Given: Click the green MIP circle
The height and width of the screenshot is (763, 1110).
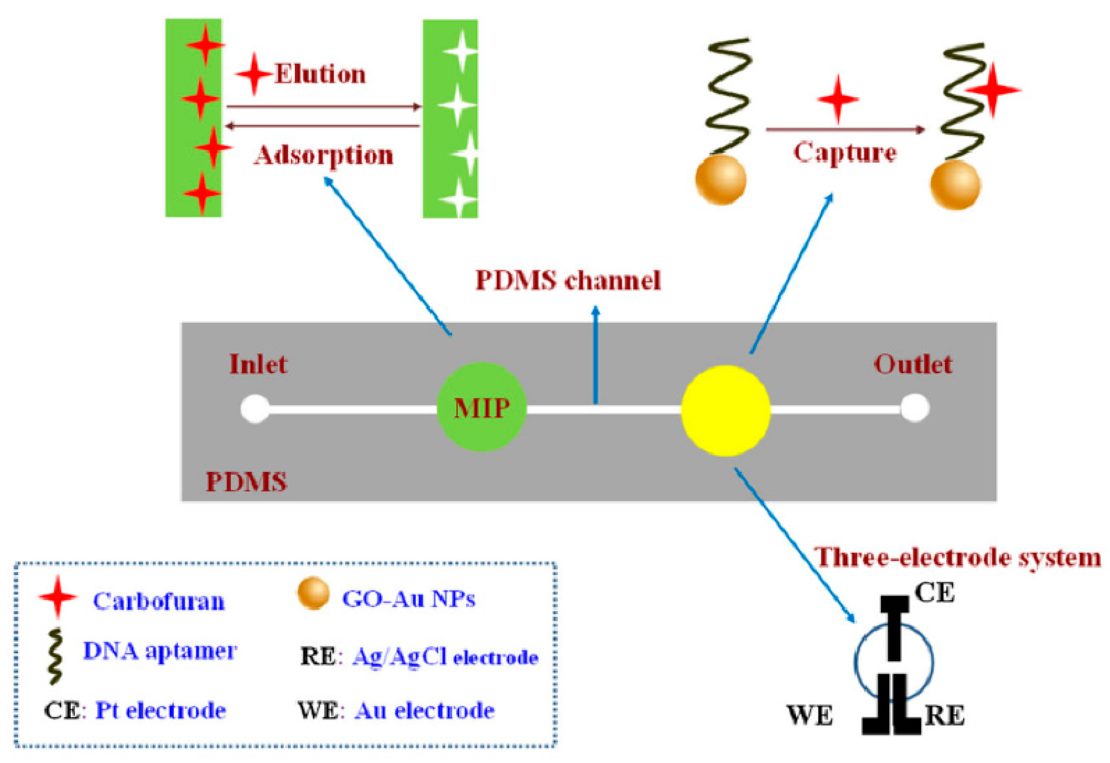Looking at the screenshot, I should click(481, 407).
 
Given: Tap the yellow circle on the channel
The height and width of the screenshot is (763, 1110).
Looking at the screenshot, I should click(725, 411).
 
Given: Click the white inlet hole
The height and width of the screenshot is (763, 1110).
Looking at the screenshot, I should click(255, 409).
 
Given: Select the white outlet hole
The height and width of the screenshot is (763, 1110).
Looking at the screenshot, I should click(914, 408).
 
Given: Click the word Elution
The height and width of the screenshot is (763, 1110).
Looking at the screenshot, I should click(320, 74).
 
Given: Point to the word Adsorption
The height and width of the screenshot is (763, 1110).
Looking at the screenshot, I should click(324, 155).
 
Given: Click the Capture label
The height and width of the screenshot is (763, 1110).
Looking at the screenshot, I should click(845, 153).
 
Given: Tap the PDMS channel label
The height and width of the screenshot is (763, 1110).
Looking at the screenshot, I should click(568, 280).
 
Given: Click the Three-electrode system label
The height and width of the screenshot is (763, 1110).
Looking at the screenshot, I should click(957, 557).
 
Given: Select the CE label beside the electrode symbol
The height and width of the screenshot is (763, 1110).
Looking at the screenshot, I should click(934, 593).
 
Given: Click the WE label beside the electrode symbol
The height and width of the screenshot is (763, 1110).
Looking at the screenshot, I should click(810, 716).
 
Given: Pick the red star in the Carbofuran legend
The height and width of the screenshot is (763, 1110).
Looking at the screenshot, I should click(58, 597).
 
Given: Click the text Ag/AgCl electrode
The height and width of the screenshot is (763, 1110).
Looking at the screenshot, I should click(444, 658).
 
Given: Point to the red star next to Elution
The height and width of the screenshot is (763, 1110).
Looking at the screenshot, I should click(254, 74).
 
